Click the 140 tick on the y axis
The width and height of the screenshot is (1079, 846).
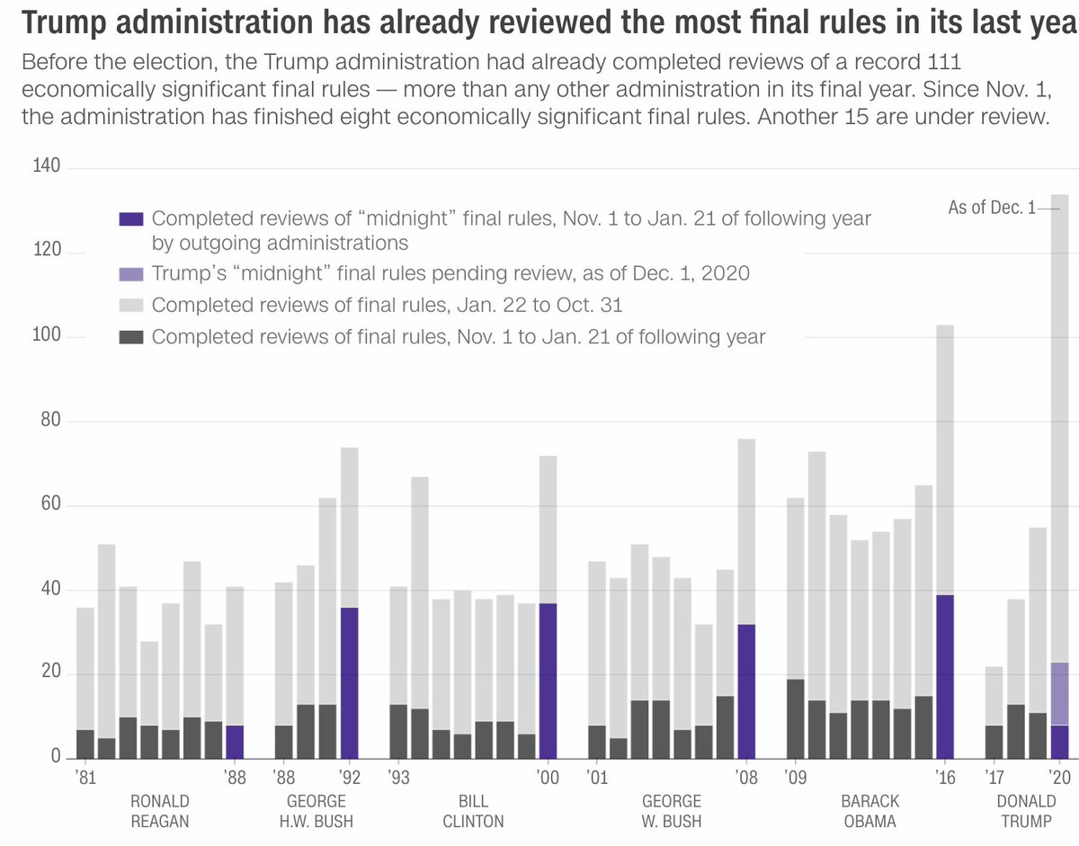[x=46, y=167]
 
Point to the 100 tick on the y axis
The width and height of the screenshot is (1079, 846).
[x=46, y=336]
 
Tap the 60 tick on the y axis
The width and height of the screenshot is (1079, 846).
[x=47, y=505]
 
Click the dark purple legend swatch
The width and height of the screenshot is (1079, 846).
[x=131, y=219]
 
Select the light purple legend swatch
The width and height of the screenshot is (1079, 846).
[x=131, y=274]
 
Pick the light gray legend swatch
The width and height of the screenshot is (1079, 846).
[x=131, y=306]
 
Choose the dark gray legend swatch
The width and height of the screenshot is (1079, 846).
[x=131, y=337]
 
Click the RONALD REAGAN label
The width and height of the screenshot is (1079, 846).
[x=160, y=811]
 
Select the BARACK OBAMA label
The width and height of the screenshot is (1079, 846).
[x=869, y=811]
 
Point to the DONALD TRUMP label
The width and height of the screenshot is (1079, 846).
[x=1026, y=811]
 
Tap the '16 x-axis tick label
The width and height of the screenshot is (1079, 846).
[x=945, y=778]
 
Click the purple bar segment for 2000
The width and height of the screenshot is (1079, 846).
[x=548, y=681]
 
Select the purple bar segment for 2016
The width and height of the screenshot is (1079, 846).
[x=945, y=676]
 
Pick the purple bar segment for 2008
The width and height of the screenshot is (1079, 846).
[x=745, y=690]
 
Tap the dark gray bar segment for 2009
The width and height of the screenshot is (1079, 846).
[x=796, y=718]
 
